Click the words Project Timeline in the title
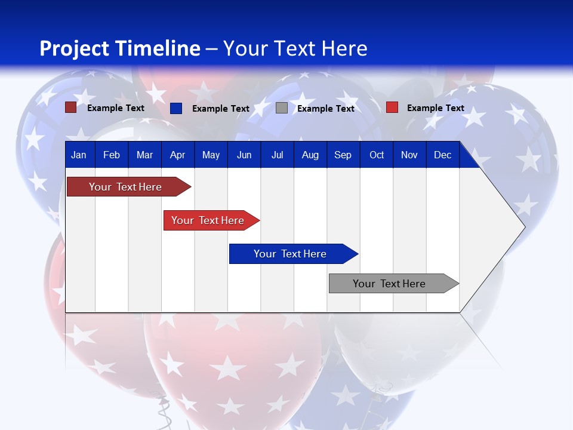[x=119, y=48]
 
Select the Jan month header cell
[x=79, y=155]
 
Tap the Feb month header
[x=112, y=155]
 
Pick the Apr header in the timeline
[x=177, y=155]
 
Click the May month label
[x=211, y=155]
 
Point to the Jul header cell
[x=277, y=155]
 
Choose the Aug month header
[x=310, y=155]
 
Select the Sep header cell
[x=343, y=155]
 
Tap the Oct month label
[x=377, y=155]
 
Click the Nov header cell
[x=409, y=155]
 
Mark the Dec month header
[x=442, y=155]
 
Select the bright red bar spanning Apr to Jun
[x=209, y=220]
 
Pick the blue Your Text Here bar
[x=291, y=254]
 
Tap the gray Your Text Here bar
[x=391, y=284]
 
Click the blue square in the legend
[x=176, y=108]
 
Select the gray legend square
[x=282, y=108]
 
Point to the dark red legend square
[x=71, y=107]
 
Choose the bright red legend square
[x=392, y=107]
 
